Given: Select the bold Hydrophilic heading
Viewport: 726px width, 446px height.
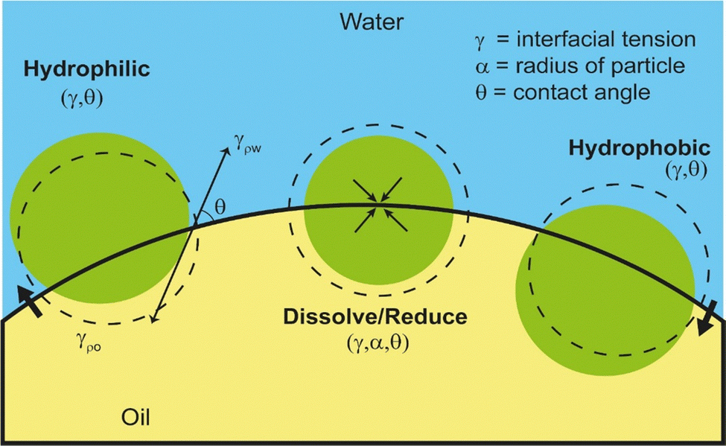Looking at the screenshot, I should coord(87,70).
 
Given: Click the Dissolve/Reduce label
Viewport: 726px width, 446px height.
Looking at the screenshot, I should coord(375,317).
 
